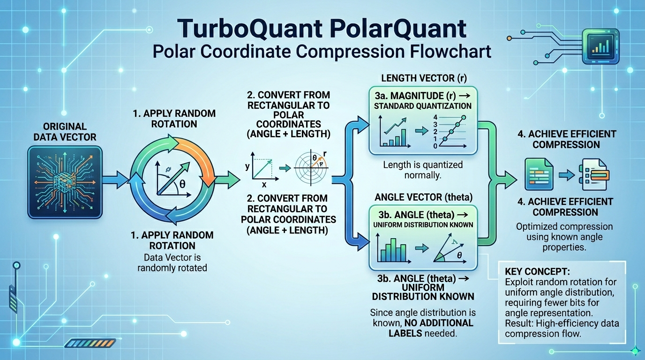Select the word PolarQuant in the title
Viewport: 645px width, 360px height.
tap(395, 29)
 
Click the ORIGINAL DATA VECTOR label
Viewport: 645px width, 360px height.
tap(65, 132)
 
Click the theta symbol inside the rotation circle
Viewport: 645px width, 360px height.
tap(182, 184)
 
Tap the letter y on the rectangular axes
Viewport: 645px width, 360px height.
tap(247, 166)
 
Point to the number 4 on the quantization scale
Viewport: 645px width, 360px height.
tap(435, 117)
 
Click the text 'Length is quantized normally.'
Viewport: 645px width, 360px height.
tap(422, 170)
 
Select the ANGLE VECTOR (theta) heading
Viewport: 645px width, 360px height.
tap(423, 197)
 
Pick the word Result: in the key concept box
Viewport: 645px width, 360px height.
tap(519, 324)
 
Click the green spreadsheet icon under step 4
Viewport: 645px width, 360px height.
tap(535, 174)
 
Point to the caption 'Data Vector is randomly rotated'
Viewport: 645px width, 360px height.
tap(172, 262)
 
